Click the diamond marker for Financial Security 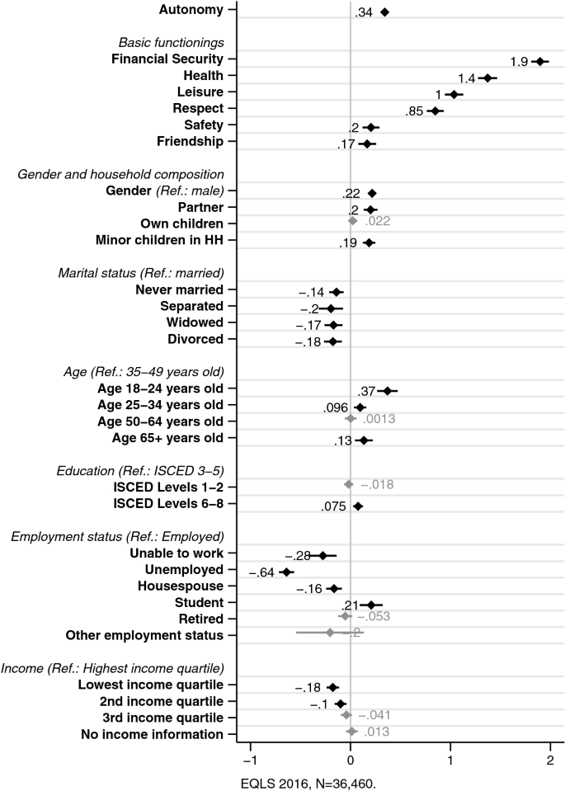coord(539,61)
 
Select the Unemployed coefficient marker coord(286,572)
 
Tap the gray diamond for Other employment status coord(330,633)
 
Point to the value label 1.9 coord(520,64)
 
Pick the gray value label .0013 coord(379,420)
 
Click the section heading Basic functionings coord(172,42)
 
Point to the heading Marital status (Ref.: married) coord(141,273)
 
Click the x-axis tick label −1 coord(248,760)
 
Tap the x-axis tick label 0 coord(350,760)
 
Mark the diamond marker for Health coord(487,78)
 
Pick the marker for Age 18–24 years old coord(387,390)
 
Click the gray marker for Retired coord(345,616)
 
